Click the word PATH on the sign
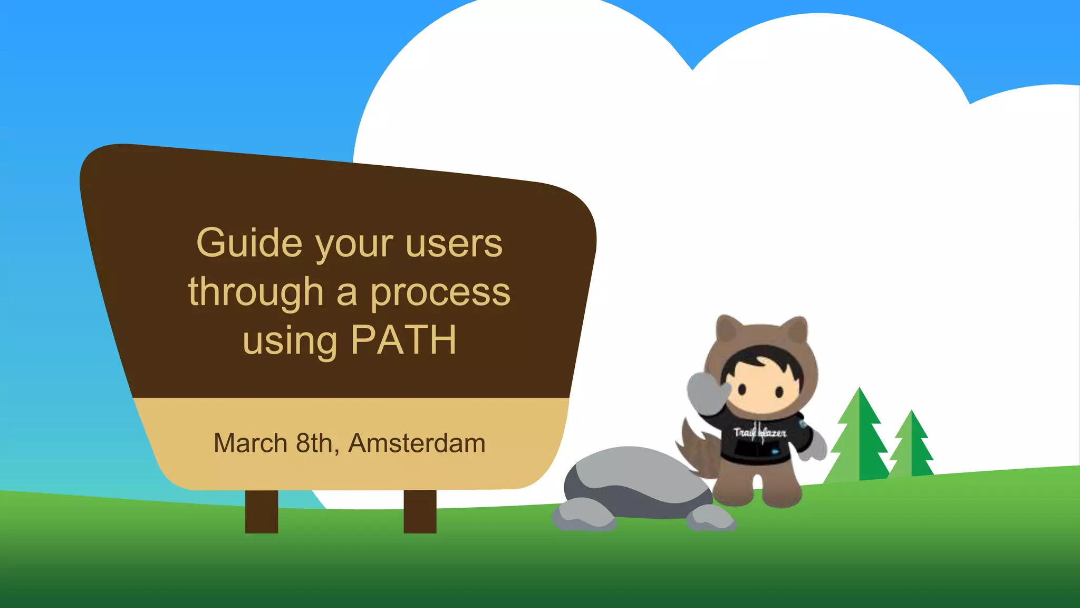coord(403,340)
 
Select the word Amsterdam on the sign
coord(417,443)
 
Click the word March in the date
coord(250,443)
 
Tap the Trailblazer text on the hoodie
coord(760,433)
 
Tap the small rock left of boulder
coord(583,515)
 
